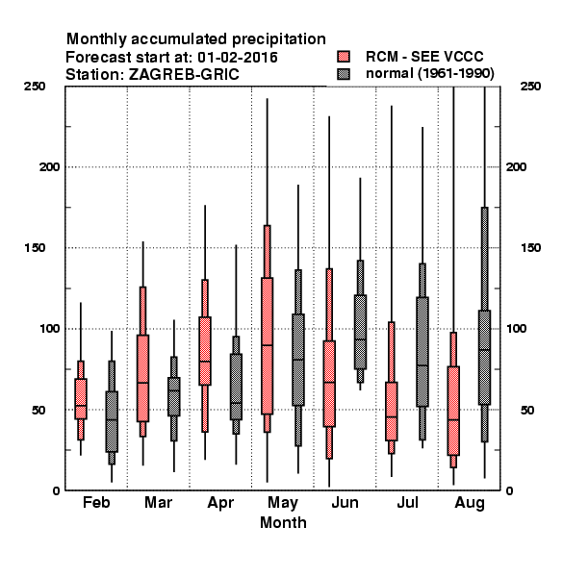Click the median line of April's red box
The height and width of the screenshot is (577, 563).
click(x=205, y=362)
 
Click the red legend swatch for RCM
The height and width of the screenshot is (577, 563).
click(x=344, y=57)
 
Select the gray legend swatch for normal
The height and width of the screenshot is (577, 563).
click(x=344, y=74)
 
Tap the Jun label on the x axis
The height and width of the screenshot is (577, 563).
click(x=345, y=503)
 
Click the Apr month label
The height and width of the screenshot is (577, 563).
click(x=220, y=503)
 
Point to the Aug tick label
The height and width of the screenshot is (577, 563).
click(x=470, y=503)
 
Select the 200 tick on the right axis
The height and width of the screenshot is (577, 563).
click(x=516, y=167)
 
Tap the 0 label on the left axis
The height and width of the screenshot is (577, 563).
click(x=56, y=490)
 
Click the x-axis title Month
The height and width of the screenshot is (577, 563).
click(x=283, y=522)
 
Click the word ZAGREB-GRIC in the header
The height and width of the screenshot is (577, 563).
click(x=184, y=75)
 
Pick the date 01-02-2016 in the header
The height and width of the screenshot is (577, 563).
click(x=238, y=58)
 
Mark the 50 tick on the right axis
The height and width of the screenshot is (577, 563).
click(x=527, y=410)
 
